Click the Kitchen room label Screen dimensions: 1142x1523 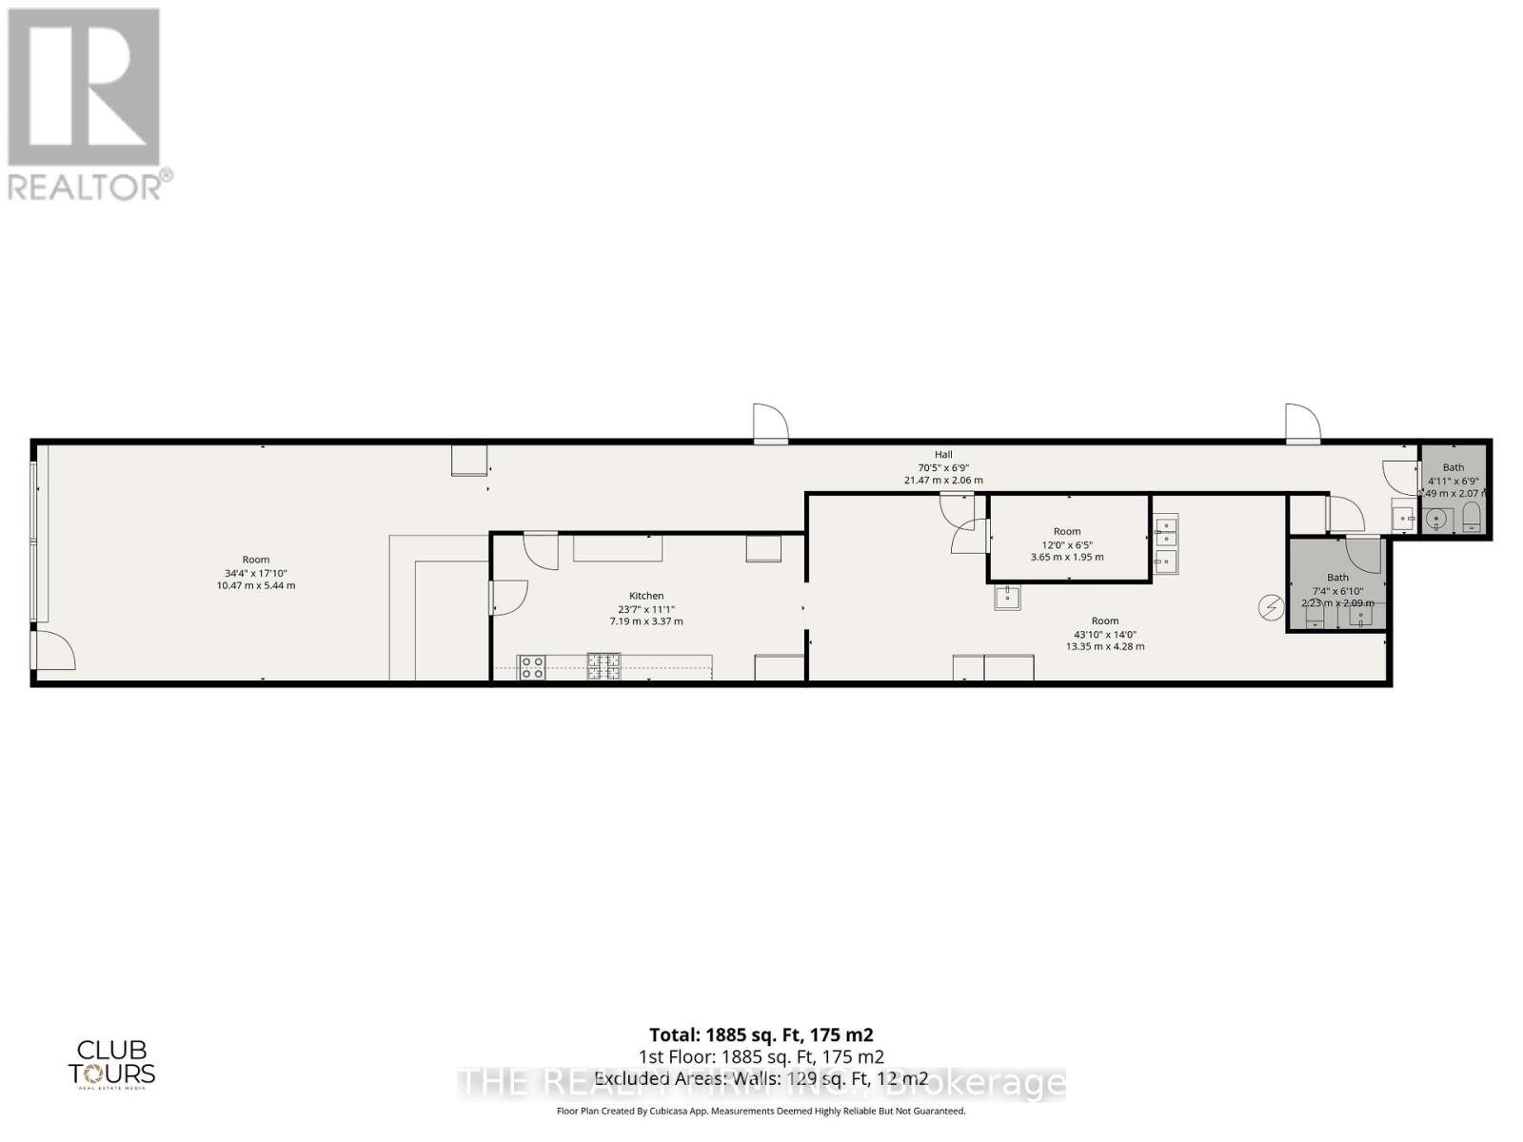[x=646, y=596]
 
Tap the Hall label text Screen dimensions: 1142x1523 [x=942, y=455]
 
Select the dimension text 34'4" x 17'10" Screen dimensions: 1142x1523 [x=256, y=573]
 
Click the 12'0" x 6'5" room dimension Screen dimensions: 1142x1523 [x=1067, y=544]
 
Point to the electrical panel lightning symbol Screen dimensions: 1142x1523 [x=1271, y=607]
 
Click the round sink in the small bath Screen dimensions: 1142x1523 [x=1436, y=520]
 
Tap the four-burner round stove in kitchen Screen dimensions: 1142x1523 [x=531, y=667]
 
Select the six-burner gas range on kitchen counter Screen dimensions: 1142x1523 [x=603, y=666]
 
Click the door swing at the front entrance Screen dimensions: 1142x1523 [x=55, y=652]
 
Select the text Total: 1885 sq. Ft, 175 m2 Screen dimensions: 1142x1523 [x=761, y=1034]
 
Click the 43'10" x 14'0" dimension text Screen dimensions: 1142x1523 [x=1105, y=634]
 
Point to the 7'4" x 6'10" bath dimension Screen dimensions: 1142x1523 [x=1337, y=591]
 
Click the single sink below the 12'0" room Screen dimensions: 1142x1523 [x=1007, y=598]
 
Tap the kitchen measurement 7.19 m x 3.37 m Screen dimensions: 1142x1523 [x=646, y=621]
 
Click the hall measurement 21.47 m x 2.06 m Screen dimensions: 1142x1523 [x=942, y=481]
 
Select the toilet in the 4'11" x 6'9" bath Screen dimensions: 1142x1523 [x=1471, y=520]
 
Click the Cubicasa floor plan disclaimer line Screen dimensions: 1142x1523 [x=761, y=1111]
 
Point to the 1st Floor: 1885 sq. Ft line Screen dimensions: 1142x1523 [x=761, y=1056]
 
